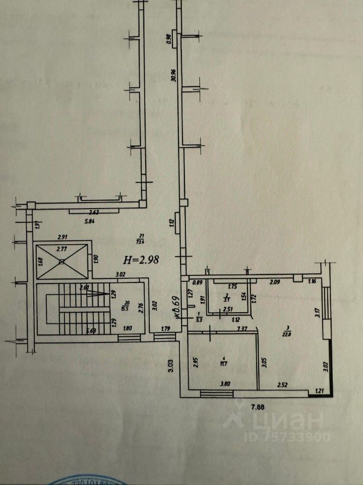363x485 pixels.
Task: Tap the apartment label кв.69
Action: (x=178, y=306)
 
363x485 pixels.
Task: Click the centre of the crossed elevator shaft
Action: (x=60, y=261)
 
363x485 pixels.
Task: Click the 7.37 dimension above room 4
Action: (x=243, y=329)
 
